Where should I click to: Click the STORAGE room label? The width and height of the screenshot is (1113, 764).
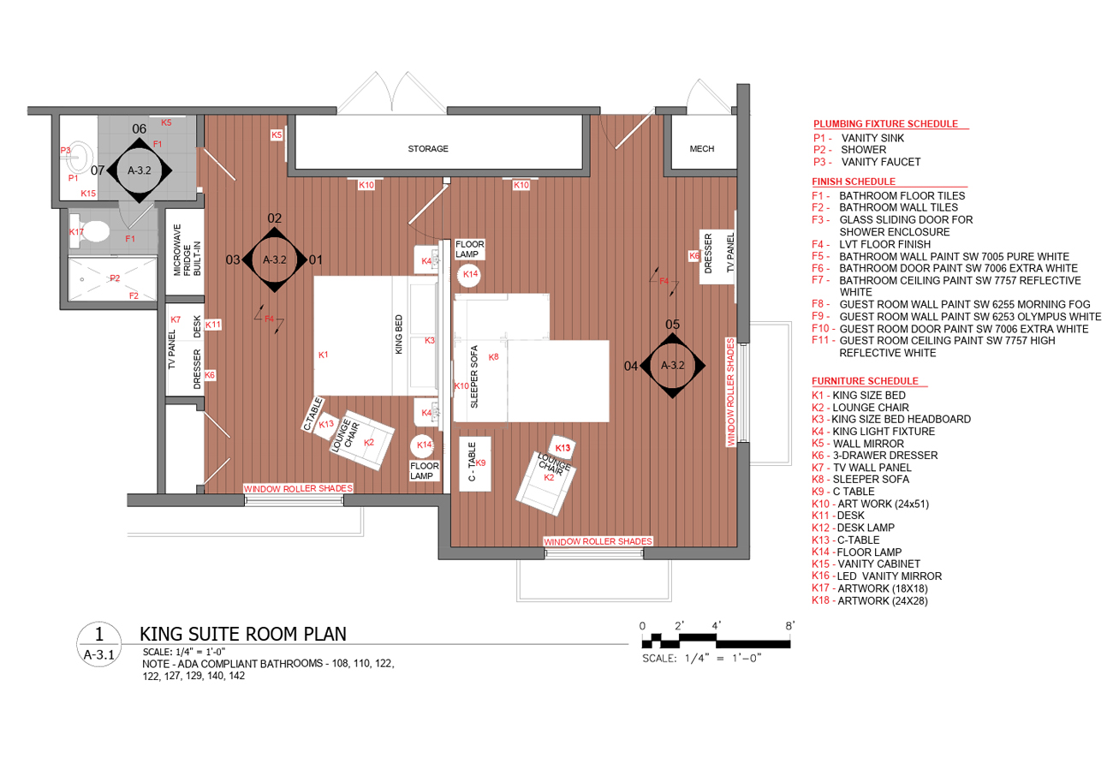428,149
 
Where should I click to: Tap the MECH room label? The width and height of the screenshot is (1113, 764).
701,149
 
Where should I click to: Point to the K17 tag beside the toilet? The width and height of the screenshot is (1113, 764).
76,231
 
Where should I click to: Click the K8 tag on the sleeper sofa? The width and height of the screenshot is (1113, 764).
493,357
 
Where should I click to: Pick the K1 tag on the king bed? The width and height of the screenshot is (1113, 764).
324,355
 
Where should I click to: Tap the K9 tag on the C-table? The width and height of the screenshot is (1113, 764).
480,463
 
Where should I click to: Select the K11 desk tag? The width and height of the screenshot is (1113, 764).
213,325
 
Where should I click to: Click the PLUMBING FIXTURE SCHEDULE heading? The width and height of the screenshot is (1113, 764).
885,124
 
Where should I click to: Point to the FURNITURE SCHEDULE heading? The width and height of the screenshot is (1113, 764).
865,381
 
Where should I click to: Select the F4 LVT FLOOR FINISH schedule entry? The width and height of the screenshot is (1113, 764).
871,245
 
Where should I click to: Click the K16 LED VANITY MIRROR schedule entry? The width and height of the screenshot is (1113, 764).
877,576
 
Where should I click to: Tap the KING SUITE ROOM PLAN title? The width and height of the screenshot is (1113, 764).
243,635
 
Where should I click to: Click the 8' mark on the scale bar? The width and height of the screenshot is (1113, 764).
789,626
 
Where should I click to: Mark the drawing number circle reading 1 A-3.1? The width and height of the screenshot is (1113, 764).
98,645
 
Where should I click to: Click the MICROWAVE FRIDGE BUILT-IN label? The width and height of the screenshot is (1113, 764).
187,250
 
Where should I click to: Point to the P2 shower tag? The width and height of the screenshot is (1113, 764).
115,278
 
